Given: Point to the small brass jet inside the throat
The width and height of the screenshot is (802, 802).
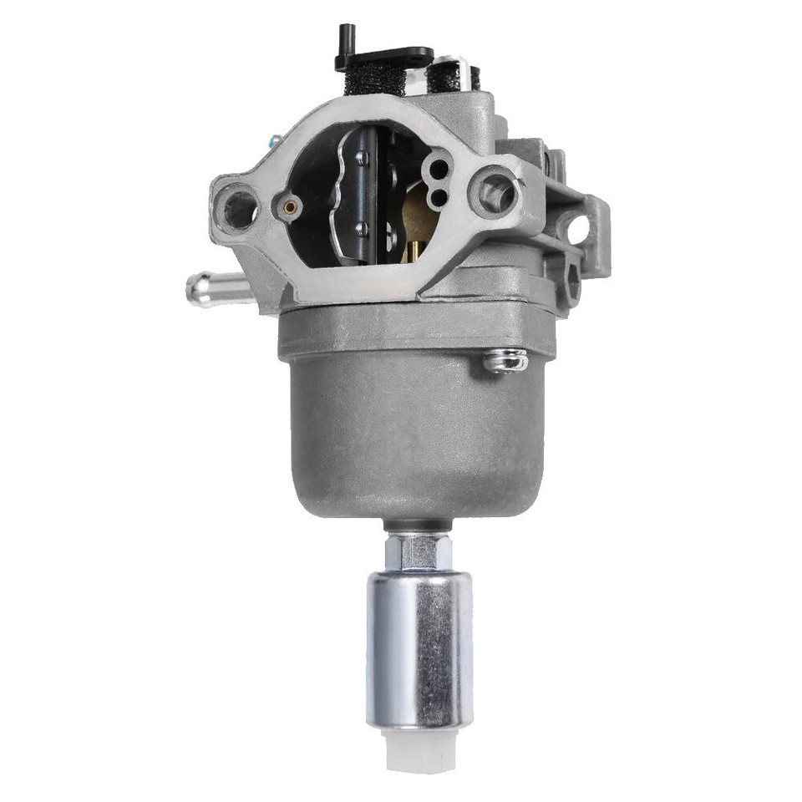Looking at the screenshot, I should (290, 206).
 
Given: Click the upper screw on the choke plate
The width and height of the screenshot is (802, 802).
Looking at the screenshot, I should (360, 158).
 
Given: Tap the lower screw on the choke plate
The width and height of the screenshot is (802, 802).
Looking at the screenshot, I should (360, 227).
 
